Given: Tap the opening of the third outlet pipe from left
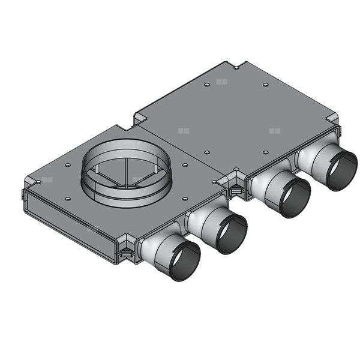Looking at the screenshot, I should (x=293, y=197).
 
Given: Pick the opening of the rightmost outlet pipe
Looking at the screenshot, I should (x=339, y=170).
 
